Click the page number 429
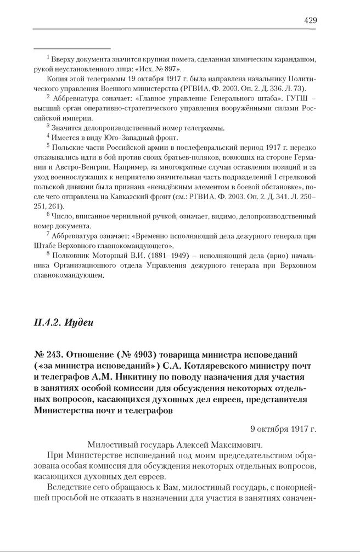[310, 20]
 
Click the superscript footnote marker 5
[48, 145]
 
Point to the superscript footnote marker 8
[48, 254]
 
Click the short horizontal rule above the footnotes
[71, 48]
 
